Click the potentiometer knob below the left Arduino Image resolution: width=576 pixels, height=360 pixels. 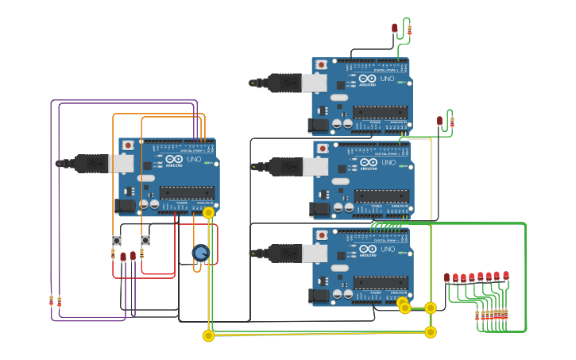(200, 253)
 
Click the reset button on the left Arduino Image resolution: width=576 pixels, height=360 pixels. (128, 145)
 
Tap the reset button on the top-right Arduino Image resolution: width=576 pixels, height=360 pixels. (321, 64)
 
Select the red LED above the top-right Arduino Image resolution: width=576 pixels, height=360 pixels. (394, 28)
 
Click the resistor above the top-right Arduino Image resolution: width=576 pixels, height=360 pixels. (409, 30)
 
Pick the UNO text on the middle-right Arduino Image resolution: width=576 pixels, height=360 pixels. (389, 163)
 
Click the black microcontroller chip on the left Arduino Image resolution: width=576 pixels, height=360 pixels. (187, 192)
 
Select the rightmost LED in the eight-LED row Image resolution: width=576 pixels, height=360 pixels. (505, 276)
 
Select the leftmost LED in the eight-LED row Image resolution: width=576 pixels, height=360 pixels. (446, 278)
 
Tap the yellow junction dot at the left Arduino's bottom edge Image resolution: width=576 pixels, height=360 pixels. (208, 213)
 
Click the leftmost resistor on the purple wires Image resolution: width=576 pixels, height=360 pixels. (52, 300)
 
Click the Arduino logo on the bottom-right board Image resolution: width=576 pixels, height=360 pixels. (367, 250)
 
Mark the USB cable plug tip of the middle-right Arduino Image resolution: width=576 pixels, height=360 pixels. (253, 166)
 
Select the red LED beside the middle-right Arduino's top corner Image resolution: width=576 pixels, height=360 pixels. (439, 121)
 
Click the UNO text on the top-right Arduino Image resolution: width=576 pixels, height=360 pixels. (388, 79)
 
